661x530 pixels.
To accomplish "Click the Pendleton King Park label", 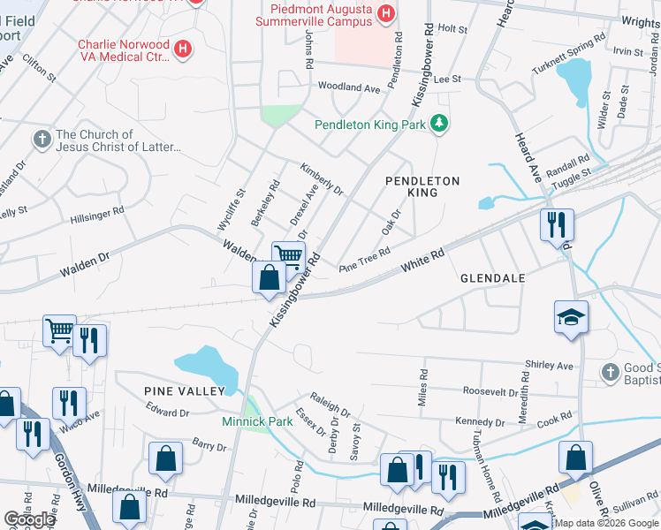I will point(370,125).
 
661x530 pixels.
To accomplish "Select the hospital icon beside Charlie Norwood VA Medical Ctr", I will point(182,49).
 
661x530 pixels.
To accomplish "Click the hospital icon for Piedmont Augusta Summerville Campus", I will point(385,13).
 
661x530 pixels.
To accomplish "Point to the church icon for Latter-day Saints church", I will point(41,140).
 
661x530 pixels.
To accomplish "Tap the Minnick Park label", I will point(257,421).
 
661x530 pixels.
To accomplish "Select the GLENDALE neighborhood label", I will point(493,278).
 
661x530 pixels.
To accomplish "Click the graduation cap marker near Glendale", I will point(571,318).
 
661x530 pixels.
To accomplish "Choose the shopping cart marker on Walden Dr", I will point(288,257).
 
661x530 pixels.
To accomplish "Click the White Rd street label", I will point(422,259).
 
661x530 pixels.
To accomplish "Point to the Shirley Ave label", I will point(549,365).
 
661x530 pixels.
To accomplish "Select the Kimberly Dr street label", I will point(321,178).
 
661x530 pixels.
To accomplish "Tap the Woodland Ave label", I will point(348,87).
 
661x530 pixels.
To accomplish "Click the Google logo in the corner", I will point(29,519).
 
